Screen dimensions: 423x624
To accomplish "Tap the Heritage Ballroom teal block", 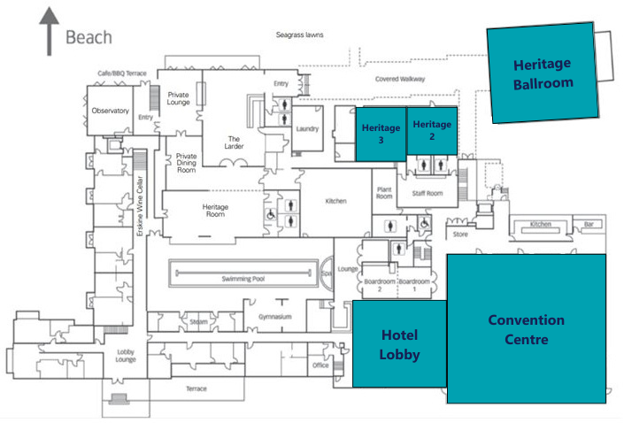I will tap(543, 73).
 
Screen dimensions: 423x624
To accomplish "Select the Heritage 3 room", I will tap(380, 134).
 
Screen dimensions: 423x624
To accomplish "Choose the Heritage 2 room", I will tap(432, 130).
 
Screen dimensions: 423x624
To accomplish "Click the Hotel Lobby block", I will tap(398, 344).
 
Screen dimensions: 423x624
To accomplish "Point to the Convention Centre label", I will tap(527, 329).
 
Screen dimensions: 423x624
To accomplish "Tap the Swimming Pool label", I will tap(243, 279).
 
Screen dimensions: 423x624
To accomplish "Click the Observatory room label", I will tap(111, 112).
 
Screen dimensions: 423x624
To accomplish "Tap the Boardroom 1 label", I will tap(414, 285).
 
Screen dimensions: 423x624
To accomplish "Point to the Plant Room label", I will tap(384, 193).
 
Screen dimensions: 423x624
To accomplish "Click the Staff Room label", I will tap(427, 193).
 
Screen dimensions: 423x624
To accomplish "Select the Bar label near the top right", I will tap(587, 225).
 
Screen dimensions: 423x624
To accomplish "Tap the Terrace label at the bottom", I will tap(196, 389).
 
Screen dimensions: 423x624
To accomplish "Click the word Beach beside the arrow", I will tap(89, 37).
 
